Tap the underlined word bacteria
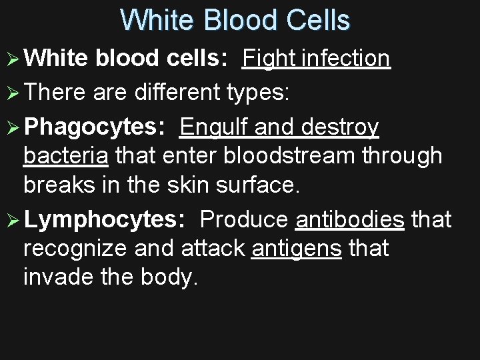pos(66,156)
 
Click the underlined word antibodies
pos(349,219)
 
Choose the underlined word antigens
pos(297,249)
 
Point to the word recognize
pos(75,249)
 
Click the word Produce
pos(244,219)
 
